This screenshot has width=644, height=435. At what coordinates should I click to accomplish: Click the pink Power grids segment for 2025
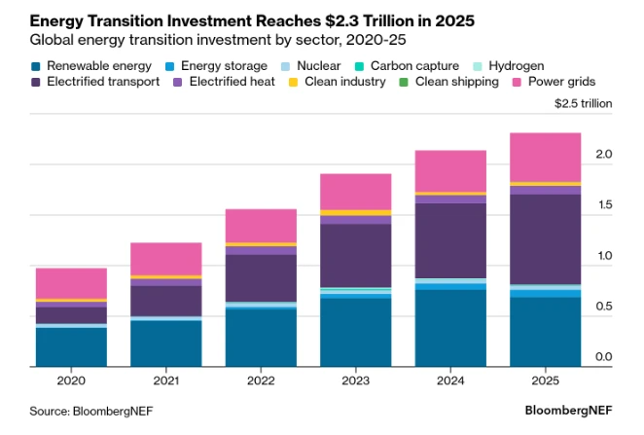(x=545, y=157)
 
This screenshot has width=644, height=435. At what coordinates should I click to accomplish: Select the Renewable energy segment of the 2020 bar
(x=71, y=347)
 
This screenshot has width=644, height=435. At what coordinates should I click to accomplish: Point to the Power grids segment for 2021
(x=166, y=259)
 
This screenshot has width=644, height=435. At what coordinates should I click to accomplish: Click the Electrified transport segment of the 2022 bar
(x=261, y=277)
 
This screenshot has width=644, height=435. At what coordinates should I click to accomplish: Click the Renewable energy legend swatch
(x=36, y=66)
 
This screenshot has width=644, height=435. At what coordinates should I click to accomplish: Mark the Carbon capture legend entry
(x=410, y=66)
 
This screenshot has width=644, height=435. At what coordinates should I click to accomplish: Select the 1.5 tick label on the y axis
(x=603, y=205)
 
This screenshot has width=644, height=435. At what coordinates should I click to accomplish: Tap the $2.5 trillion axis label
(x=584, y=103)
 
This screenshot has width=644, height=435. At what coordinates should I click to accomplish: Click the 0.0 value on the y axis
(x=603, y=358)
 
